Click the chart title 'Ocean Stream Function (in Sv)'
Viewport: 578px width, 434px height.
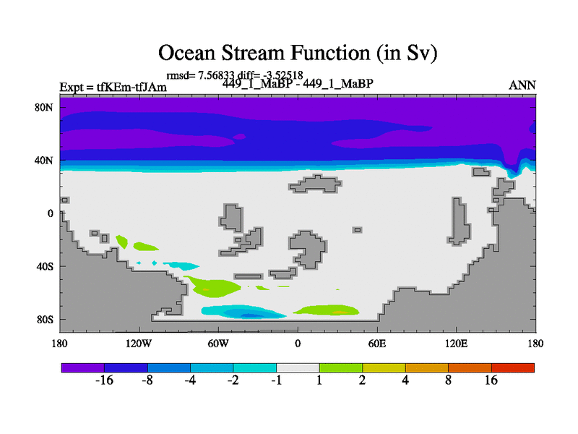point(298,52)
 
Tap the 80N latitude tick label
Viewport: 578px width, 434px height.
point(44,107)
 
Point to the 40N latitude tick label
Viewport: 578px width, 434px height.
point(44,161)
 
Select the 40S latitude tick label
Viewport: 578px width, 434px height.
point(45,266)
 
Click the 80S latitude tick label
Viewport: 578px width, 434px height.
point(45,320)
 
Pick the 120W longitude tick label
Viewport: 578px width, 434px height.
point(139,344)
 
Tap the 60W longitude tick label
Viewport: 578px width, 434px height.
point(218,344)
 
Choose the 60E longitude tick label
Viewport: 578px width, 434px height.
point(377,344)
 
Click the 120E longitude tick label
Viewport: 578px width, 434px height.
point(457,344)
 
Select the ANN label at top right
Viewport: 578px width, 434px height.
point(522,85)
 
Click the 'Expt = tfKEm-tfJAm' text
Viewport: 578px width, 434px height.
point(113,87)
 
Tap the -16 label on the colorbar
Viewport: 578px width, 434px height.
point(104,380)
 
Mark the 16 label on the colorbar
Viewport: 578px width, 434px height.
point(491,380)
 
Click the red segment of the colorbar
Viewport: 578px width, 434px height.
point(513,367)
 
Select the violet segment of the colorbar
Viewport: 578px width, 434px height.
point(83,367)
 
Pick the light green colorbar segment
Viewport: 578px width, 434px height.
point(341,367)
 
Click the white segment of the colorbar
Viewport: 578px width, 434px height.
point(298,367)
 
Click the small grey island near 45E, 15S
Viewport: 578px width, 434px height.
point(357,230)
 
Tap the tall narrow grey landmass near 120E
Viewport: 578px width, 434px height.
point(459,221)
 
